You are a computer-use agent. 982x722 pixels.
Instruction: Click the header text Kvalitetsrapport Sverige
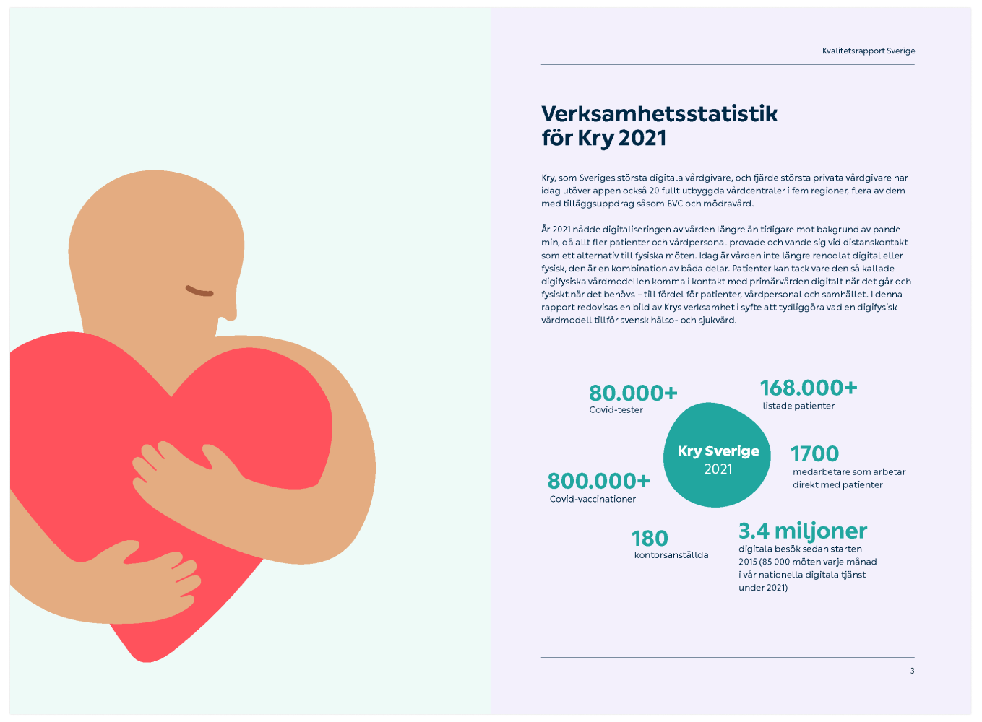pos(868,51)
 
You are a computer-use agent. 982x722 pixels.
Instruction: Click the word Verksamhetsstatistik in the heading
pos(659,113)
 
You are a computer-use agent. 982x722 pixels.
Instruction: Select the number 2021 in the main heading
pos(642,137)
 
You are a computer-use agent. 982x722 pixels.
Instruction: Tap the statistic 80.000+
pos(633,393)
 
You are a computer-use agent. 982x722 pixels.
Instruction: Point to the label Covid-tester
pos(616,410)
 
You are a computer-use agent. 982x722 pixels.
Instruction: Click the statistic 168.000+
pos(809,388)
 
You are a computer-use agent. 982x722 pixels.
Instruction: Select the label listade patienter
pos(798,406)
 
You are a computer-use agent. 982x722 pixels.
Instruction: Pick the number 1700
pos(814,454)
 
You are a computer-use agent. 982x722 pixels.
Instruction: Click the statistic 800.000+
pos(598,481)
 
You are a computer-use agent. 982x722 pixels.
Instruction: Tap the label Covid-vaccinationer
pos(593,499)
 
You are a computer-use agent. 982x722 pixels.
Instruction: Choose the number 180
pos(650,539)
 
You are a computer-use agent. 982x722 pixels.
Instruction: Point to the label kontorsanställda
pos(671,555)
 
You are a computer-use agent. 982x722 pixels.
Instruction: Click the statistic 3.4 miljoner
pos(802,531)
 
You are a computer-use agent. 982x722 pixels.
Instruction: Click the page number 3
pos(912,671)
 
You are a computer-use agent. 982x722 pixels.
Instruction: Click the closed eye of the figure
pos(199,291)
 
